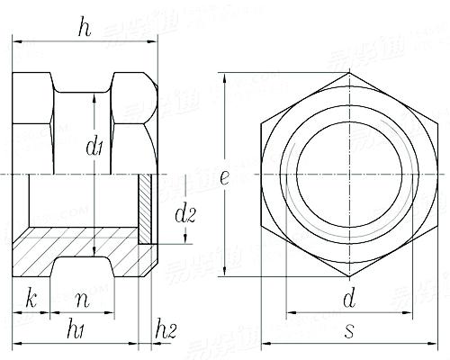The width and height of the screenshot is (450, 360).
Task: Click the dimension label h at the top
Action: coord(84,28)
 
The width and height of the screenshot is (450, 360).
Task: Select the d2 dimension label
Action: coord(184,215)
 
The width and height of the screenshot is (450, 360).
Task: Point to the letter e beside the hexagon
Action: coord(222,176)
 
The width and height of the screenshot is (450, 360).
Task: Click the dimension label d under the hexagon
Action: coord(348,297)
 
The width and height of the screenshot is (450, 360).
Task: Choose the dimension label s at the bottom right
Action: coord(348,330)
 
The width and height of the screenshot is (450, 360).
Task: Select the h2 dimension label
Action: coord(165,329)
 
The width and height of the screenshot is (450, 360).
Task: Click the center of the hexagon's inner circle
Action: coord(349,172)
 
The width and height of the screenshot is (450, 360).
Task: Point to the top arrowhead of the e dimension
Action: coord(225,76)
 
